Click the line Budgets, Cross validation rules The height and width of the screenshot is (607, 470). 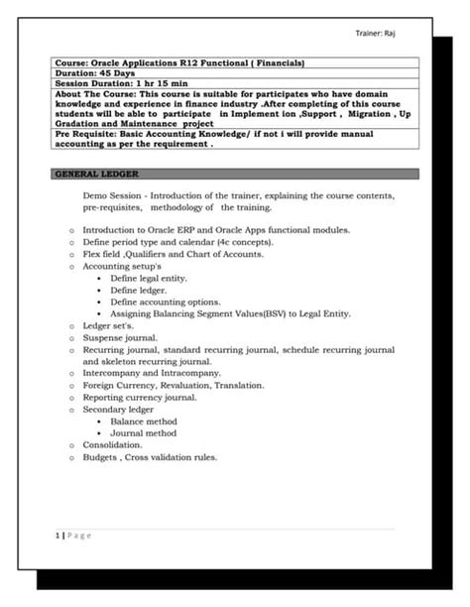[x=150, y=457]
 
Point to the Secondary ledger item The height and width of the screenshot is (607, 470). [x=118, y=409]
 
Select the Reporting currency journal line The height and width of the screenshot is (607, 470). [x=140, y=397]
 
